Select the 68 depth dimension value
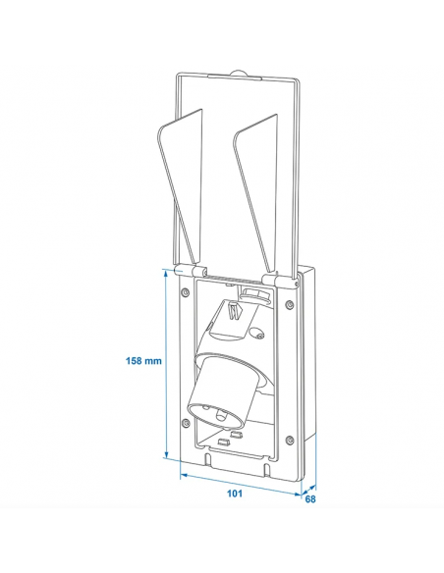tap(310, 499)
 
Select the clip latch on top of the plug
tap(232, 311)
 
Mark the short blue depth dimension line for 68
tap(307, 487)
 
